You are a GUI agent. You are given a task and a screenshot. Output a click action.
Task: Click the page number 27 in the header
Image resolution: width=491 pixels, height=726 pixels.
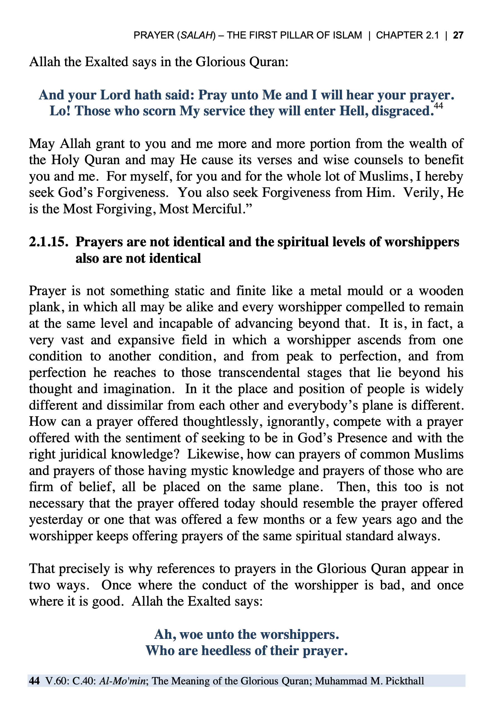tap(458, 35)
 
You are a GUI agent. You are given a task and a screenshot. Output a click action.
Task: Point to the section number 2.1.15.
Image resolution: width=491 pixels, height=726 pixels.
tap(49, 242)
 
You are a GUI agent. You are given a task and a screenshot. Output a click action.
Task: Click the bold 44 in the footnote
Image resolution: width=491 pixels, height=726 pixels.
tap(34, 681)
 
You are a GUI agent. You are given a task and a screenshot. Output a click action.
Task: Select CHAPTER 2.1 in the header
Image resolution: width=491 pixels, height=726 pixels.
tap(407, 35)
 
